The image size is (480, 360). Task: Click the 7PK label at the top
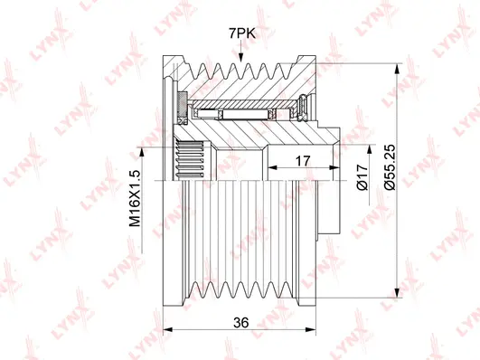[x=242, y=33]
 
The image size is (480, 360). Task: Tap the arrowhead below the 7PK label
[x=241, y=57]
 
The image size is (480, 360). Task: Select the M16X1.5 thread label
[x=135, y=198]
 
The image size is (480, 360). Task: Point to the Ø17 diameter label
[x=362, y=176]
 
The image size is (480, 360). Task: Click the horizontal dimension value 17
[x=303, y=160]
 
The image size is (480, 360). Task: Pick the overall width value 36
[x=241, y=322]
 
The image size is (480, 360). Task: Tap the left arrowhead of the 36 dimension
[x=168, y=329]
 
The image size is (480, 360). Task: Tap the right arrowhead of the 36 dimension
[x=310, y=329]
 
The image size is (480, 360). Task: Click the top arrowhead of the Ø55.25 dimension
[x=398, y=69]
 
